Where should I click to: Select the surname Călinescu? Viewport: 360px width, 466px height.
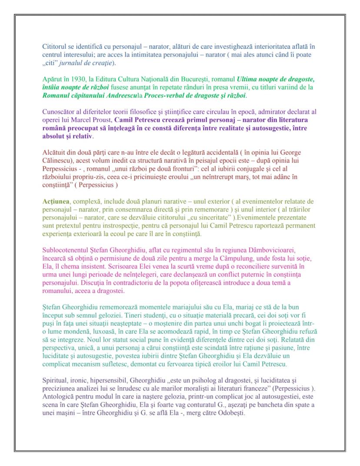[x=57, y=161]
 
